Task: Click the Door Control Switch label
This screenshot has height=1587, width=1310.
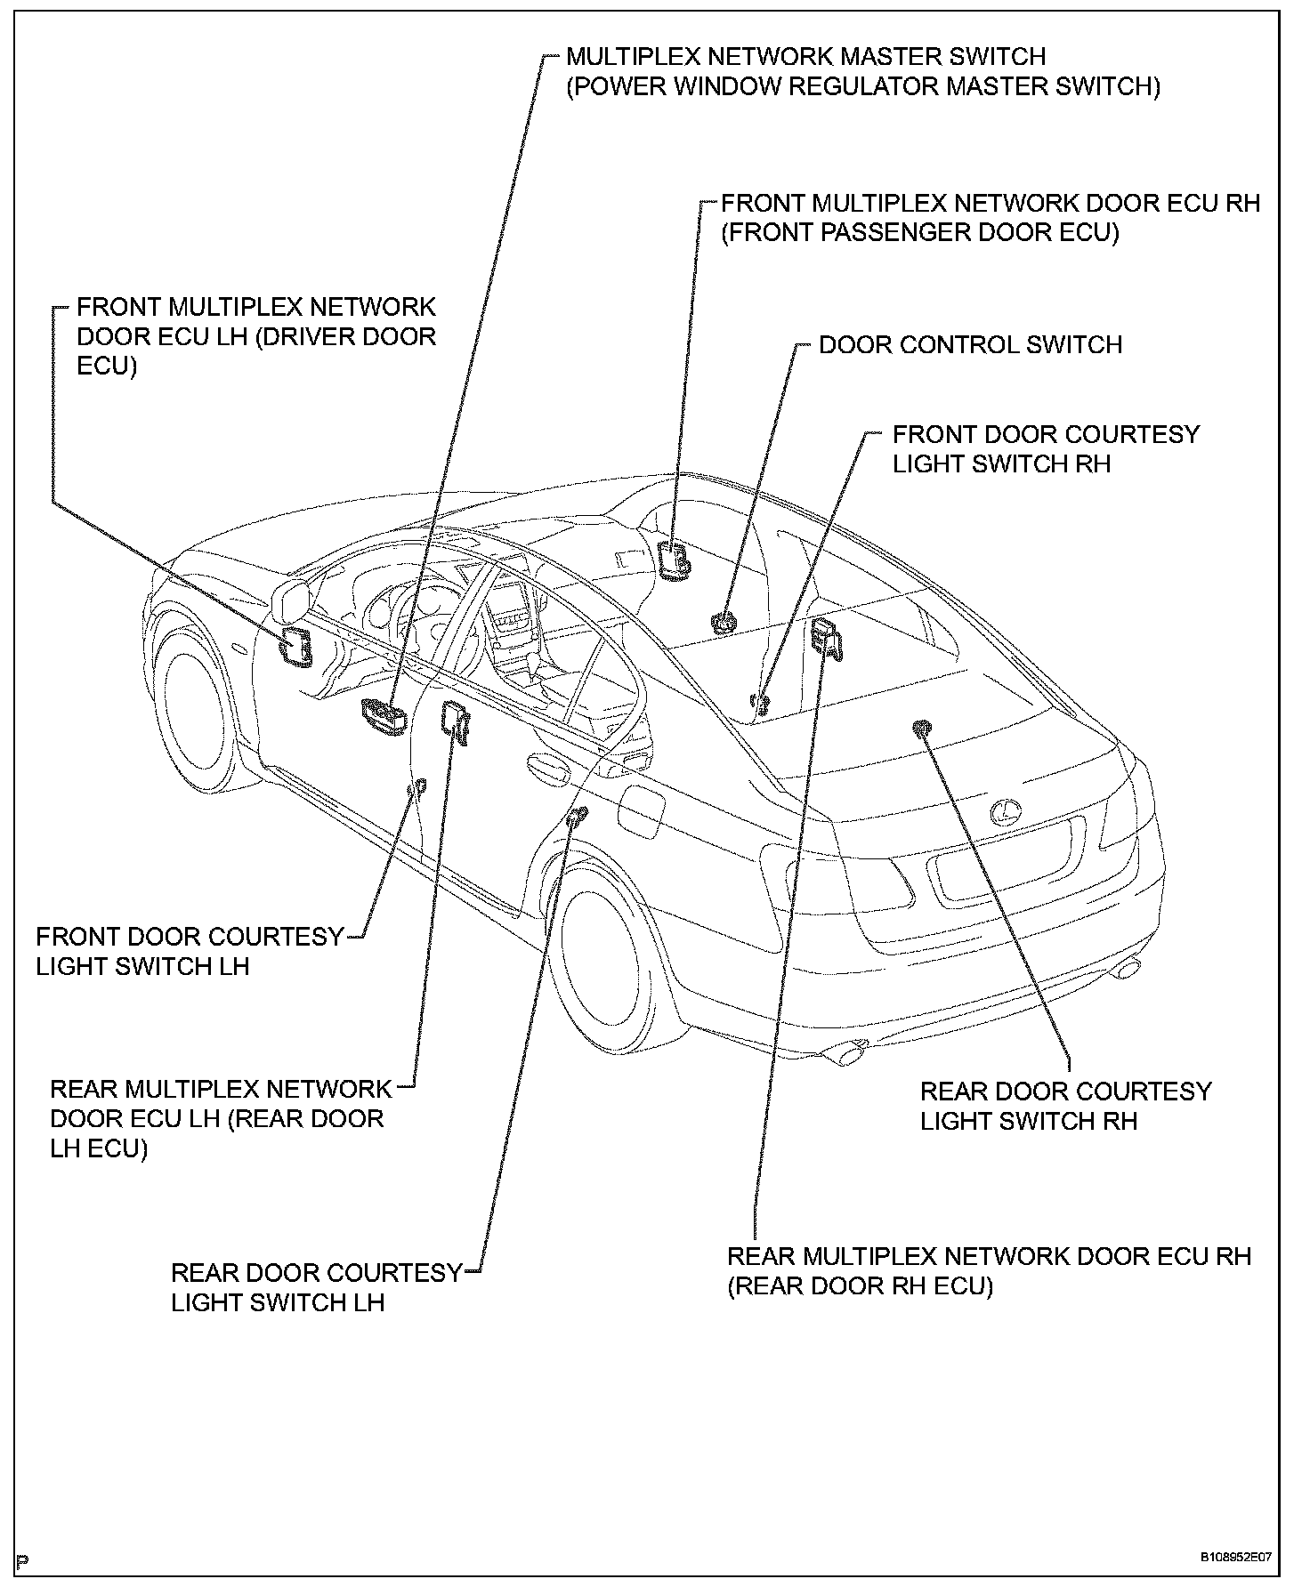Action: click(x=970, y=345)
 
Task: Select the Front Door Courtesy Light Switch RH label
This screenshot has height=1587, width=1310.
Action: click(x=1046, y=449)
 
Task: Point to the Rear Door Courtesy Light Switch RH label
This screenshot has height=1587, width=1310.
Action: click(x=1065, y=1106)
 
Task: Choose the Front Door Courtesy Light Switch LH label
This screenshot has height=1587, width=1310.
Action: click(x=190, y=951)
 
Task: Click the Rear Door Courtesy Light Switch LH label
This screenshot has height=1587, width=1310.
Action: click(x=316, y=1287)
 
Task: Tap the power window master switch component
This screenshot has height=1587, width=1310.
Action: click(x=384, y=716)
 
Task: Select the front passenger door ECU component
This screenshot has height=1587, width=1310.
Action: click(x=674, y=560)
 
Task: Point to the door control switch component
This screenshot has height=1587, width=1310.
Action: click(x=723, y=622)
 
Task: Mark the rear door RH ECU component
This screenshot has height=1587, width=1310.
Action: click(x=827, y=637)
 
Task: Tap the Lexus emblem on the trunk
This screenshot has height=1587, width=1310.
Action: click(x=1006, y=810)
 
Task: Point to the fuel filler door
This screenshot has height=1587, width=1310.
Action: click(x=641, y=809)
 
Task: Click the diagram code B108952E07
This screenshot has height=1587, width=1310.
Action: click(x=1234, y=1558)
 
